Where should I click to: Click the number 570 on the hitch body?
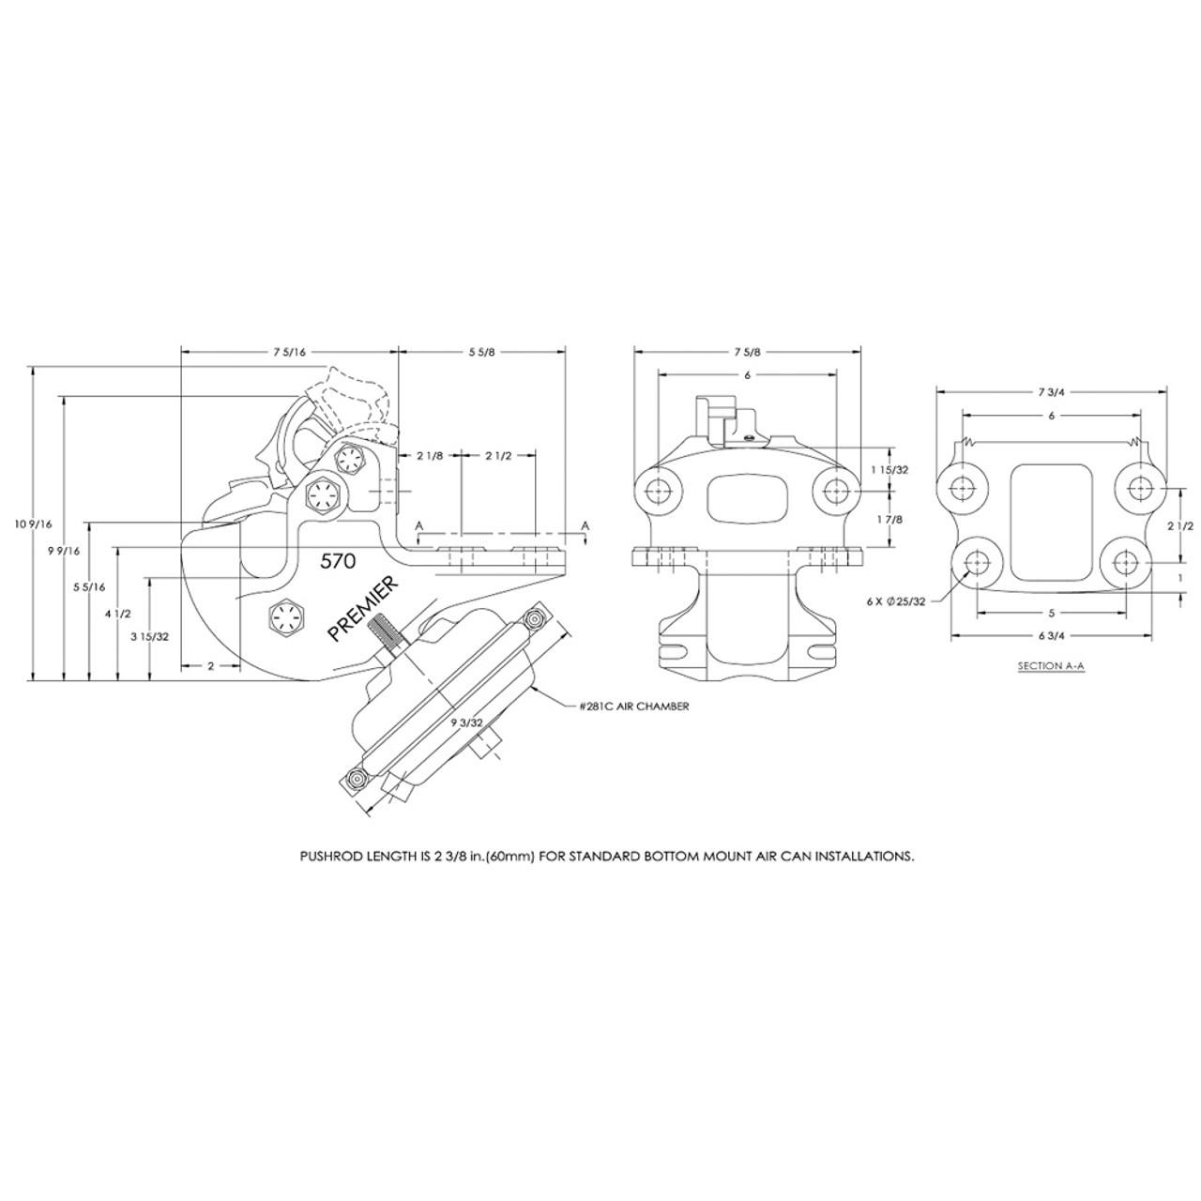338,562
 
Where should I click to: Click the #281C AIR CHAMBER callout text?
634,706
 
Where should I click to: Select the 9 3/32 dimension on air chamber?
466,722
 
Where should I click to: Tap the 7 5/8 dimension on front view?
748,352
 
